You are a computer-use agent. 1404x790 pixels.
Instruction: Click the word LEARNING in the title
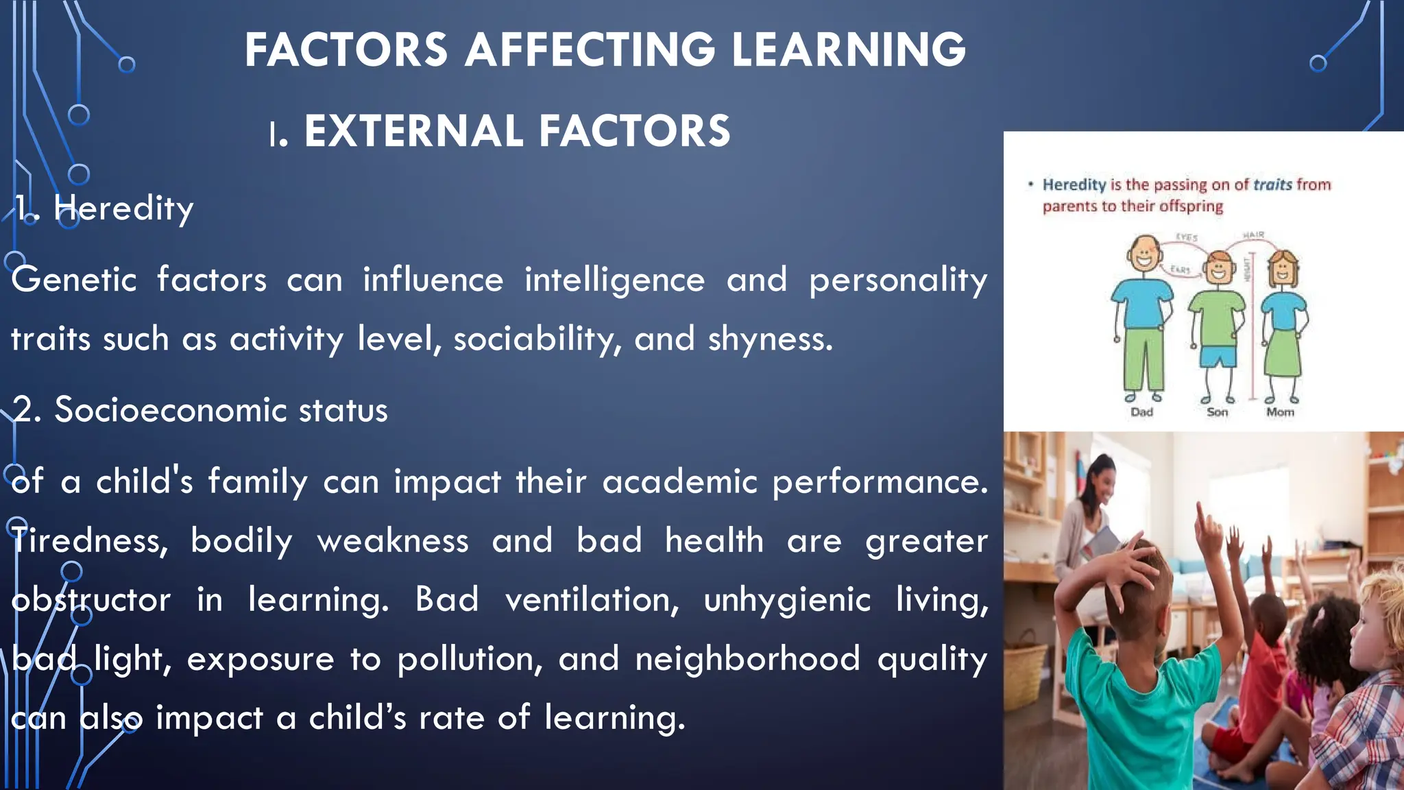point(849,50)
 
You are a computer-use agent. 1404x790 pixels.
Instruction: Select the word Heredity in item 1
point(123,208)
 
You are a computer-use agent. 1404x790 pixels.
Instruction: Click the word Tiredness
point(89,541)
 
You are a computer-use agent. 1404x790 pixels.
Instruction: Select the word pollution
point(470,659)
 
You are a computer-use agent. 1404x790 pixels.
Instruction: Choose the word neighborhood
point(747,659)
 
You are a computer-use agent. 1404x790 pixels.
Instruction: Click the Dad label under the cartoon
point(1141,412)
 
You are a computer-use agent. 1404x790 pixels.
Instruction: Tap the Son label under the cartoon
point(1218,412)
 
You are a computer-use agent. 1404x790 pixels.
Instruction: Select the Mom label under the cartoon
point(1280,412)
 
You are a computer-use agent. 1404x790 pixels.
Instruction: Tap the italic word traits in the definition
point(1272,184)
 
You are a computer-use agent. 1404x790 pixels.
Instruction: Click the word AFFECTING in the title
point(590,50)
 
